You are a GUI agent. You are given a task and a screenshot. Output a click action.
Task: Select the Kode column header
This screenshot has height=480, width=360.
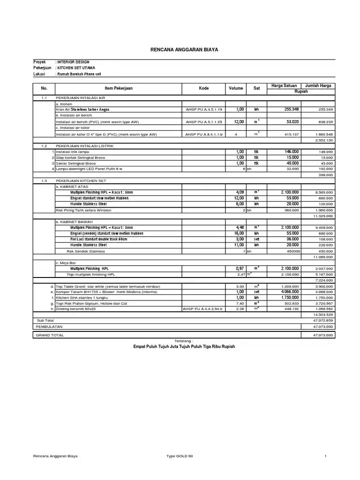203,88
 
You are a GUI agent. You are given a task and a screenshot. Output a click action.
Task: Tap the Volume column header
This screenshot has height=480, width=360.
236,88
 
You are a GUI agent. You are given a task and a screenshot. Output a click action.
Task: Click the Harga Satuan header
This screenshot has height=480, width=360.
285,85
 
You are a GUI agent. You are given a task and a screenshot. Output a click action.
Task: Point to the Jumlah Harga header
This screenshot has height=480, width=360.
318,85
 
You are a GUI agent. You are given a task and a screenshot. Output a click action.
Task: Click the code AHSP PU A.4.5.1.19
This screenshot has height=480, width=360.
204,109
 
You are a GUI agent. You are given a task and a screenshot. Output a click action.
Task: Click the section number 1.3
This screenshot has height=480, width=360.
44,180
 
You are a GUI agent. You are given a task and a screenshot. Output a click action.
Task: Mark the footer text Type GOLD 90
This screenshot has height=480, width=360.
180,455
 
